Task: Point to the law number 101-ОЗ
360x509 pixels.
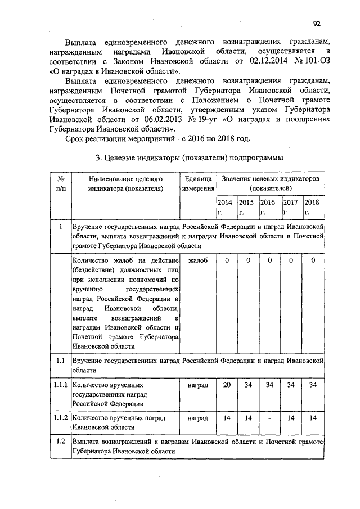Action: click(309, 61)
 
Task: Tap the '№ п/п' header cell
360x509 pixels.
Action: click(60, 183)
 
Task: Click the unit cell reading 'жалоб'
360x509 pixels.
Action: click(197, 261)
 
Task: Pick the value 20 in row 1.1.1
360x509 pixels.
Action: click(227, 385)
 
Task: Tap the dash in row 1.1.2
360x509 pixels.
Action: click(270, 419)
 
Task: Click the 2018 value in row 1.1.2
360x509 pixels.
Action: click(313, 418)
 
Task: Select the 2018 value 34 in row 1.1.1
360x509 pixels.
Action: click(313, 385)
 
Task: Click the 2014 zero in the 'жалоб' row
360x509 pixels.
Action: click(227, 261)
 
